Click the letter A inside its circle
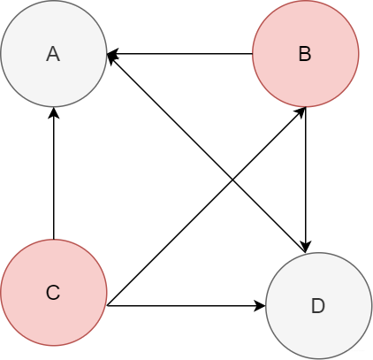point(53,54)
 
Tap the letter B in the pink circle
point(305,54)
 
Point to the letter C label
point(53,293)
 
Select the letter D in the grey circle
point(318,306)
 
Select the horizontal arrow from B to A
point(179,54)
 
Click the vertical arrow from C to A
point(54,173)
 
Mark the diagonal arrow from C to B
point(206,206)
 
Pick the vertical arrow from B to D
point(306,180)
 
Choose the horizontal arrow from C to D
point(186,306)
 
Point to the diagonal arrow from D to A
point(206,153)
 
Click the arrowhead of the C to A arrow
point(54,112)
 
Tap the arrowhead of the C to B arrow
point(301,112)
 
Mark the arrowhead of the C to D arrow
point(261,306)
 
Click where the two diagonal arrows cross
point(232,180)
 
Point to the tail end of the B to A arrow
point(252,54)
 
